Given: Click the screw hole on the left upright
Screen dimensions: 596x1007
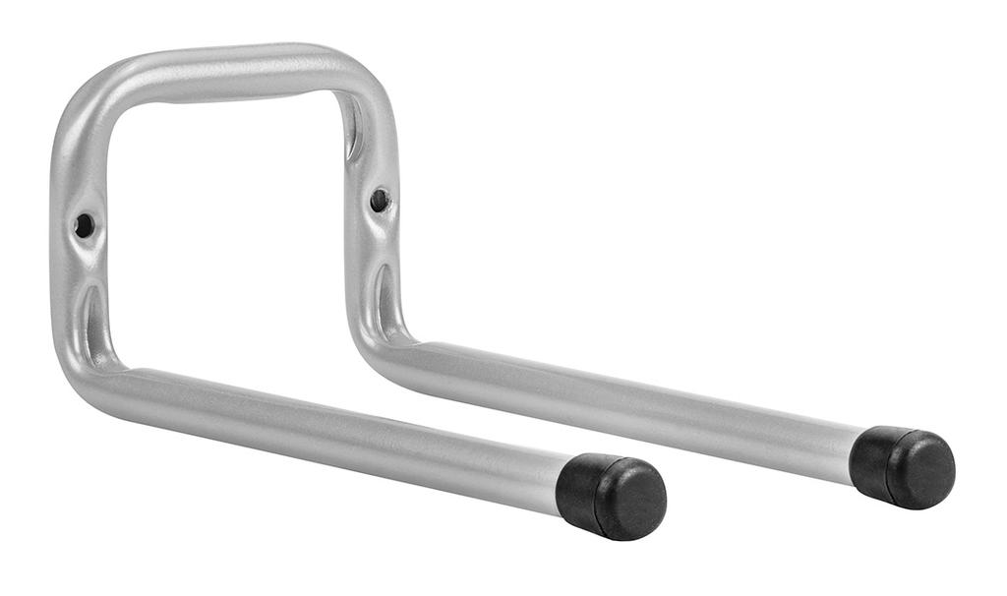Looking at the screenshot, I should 84,225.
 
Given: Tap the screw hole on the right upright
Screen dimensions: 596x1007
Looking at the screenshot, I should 379,200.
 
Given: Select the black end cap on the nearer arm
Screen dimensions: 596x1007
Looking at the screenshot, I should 610,497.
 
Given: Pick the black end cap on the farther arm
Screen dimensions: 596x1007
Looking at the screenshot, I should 902,466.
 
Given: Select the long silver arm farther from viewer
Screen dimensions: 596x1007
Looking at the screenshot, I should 629,398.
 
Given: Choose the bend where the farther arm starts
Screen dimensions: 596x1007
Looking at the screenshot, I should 384,340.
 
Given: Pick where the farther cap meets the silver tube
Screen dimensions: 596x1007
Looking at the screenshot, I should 857,454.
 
